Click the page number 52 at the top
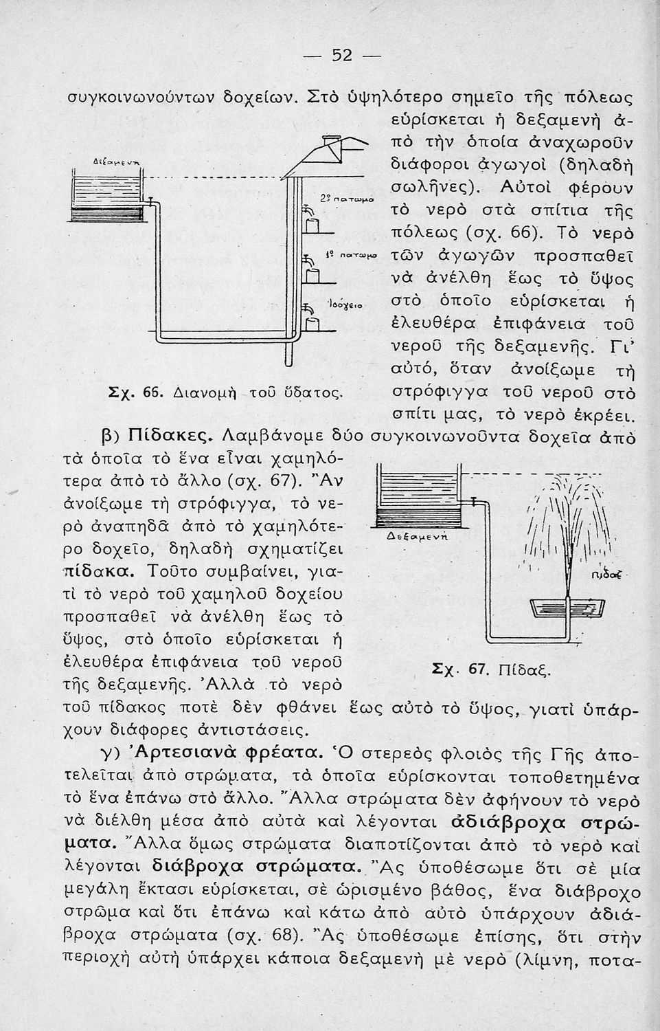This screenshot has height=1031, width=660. pyautogui.click(x=341, y=55)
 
